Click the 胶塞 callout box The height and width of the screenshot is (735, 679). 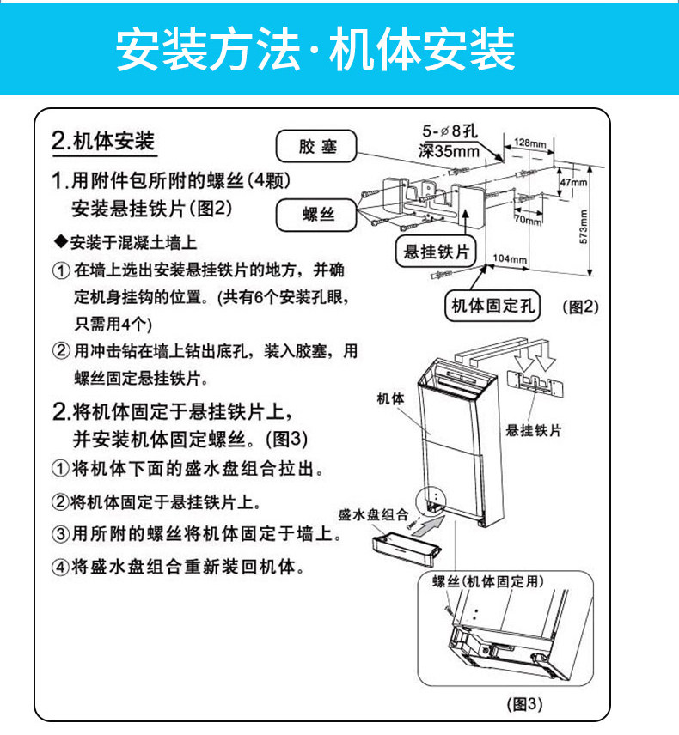316,146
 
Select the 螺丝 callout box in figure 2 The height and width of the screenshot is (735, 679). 316,215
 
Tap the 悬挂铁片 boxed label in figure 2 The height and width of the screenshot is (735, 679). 436,252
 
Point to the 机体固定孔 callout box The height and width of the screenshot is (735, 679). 492,306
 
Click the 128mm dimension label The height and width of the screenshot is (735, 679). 529,143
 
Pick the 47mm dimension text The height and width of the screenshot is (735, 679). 573,182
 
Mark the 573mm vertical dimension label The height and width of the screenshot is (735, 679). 584,227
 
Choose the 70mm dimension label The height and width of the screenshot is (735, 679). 528,219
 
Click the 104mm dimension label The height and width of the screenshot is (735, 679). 510,258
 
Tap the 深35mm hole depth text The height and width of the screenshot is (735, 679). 449,151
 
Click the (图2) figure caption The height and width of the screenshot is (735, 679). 580,307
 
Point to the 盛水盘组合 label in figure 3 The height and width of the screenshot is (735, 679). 373,514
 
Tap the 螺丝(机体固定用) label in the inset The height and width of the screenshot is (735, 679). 488,581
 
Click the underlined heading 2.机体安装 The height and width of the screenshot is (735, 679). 103,141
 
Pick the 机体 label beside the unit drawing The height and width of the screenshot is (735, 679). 390,399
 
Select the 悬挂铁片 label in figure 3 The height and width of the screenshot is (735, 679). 534,430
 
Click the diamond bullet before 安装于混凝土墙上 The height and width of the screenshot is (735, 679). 61,242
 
